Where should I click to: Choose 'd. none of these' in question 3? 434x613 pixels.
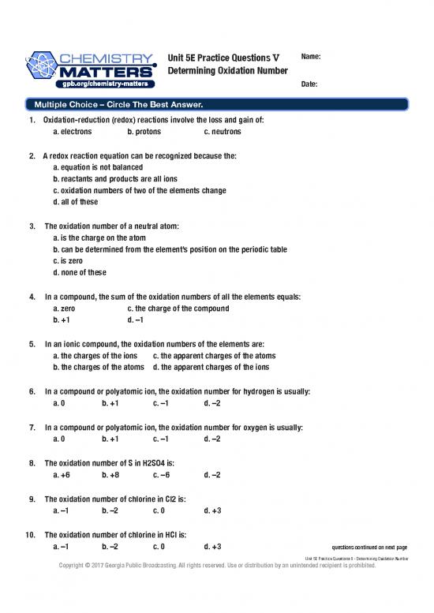pyautogui.click(x=79, y=272)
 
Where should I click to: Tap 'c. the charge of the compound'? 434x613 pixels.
pyautogui.click(x=178, y=308)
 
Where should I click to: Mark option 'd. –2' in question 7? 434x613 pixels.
pyautogui.click(x=211, y=439)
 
